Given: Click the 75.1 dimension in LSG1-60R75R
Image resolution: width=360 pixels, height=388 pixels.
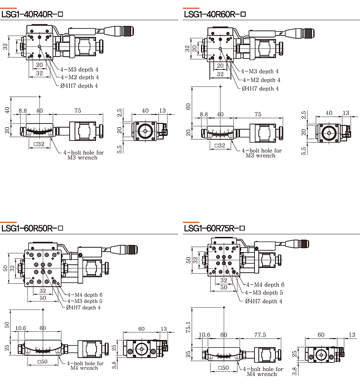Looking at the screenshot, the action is click(188, 327).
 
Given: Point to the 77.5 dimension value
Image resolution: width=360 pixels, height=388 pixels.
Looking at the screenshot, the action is click(260, 335).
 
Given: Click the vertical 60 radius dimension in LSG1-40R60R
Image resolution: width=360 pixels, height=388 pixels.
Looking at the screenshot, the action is click(188, 107).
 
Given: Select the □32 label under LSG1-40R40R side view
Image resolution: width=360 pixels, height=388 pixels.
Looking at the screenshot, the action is click(39, 144).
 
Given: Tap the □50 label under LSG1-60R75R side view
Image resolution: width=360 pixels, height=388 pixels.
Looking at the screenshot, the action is click(223, 368).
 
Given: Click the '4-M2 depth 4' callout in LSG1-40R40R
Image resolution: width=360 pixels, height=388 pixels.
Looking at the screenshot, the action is click(80, 77).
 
